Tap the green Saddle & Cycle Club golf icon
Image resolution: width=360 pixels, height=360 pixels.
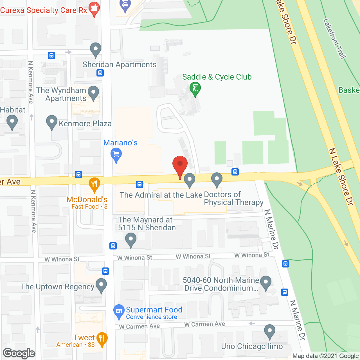click(195, 89)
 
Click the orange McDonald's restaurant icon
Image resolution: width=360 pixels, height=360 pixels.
click(94, 184)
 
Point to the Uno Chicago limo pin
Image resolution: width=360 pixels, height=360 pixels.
click(269, 331)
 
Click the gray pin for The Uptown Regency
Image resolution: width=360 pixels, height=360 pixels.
click(101, 285)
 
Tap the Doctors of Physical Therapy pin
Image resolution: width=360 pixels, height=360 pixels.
click(217, 179)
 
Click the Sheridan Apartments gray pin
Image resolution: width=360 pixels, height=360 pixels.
click(96, 49)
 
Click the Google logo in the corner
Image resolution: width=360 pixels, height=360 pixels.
click(19, 353)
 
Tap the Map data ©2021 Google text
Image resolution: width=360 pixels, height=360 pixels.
click(325, 356)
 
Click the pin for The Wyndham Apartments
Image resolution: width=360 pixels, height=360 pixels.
click(93, 93)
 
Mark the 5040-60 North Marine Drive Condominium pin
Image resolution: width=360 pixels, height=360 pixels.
click(265, 282)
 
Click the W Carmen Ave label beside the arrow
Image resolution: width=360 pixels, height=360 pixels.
click(204, 324)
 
